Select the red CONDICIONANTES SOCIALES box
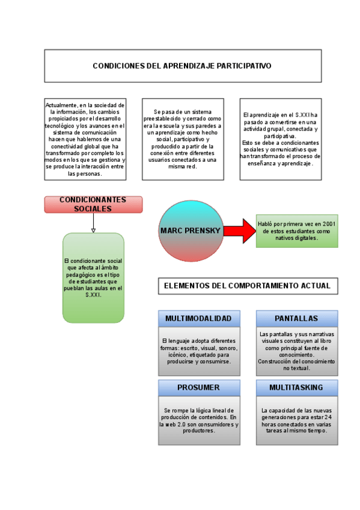(x=93, y=204)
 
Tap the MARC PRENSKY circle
(x=191, y=231)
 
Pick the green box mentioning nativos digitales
(x=297, y=231)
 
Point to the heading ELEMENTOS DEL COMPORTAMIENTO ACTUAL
(x=248, y=286)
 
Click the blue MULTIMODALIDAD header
(x=199, y=318)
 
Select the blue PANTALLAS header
(x=296, y=318)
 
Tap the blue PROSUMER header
(x=199, y=387)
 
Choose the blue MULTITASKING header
(x=296, y=387)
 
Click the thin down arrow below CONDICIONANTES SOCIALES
(x=93, y=223)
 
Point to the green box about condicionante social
(x=93, y=278)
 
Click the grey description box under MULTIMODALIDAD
(x=199, y=351)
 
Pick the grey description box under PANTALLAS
(x=296, y=351)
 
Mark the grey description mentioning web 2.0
(x=199, y=420)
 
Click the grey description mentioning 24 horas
(x=296, y=420)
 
